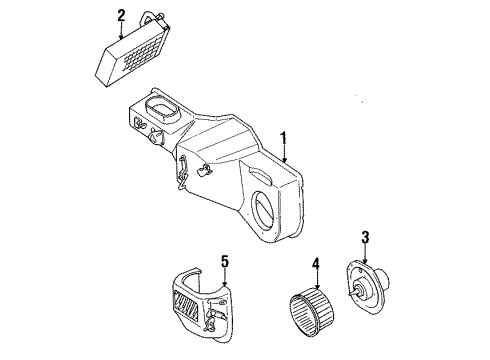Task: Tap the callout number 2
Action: [x=121, y=15]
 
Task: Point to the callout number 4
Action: [x=315, y=265]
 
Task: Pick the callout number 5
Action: [x=225, y=262]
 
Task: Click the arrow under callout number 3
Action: [x=367, y=253]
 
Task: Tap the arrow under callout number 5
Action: [x=225, y=280]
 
